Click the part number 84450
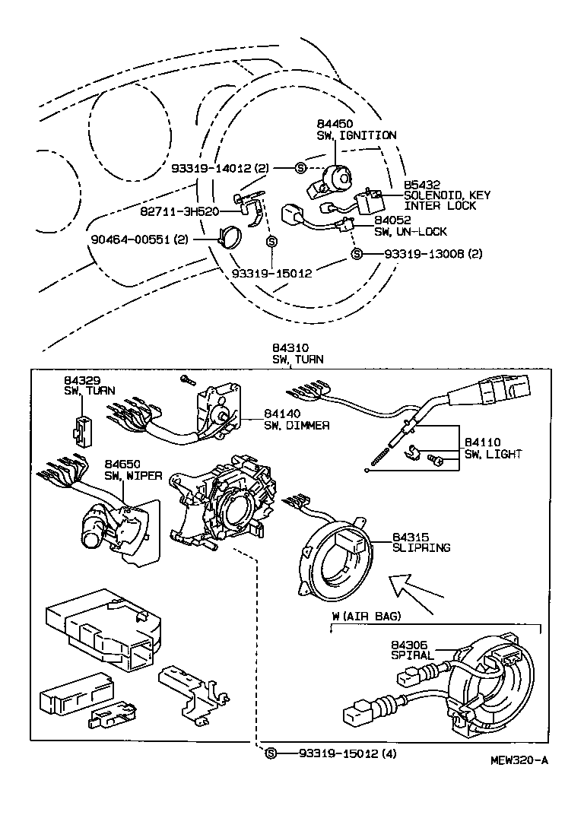(x=334, y=123)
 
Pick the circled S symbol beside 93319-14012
(x=300, y=167)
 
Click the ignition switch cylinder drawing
(x=331, y=181)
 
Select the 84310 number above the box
(x=290, y=347)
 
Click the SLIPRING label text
(x=421, y=547)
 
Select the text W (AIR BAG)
(x=366, y=616)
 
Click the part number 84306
(x=410, y=644)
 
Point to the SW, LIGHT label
(x=494, y=454)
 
